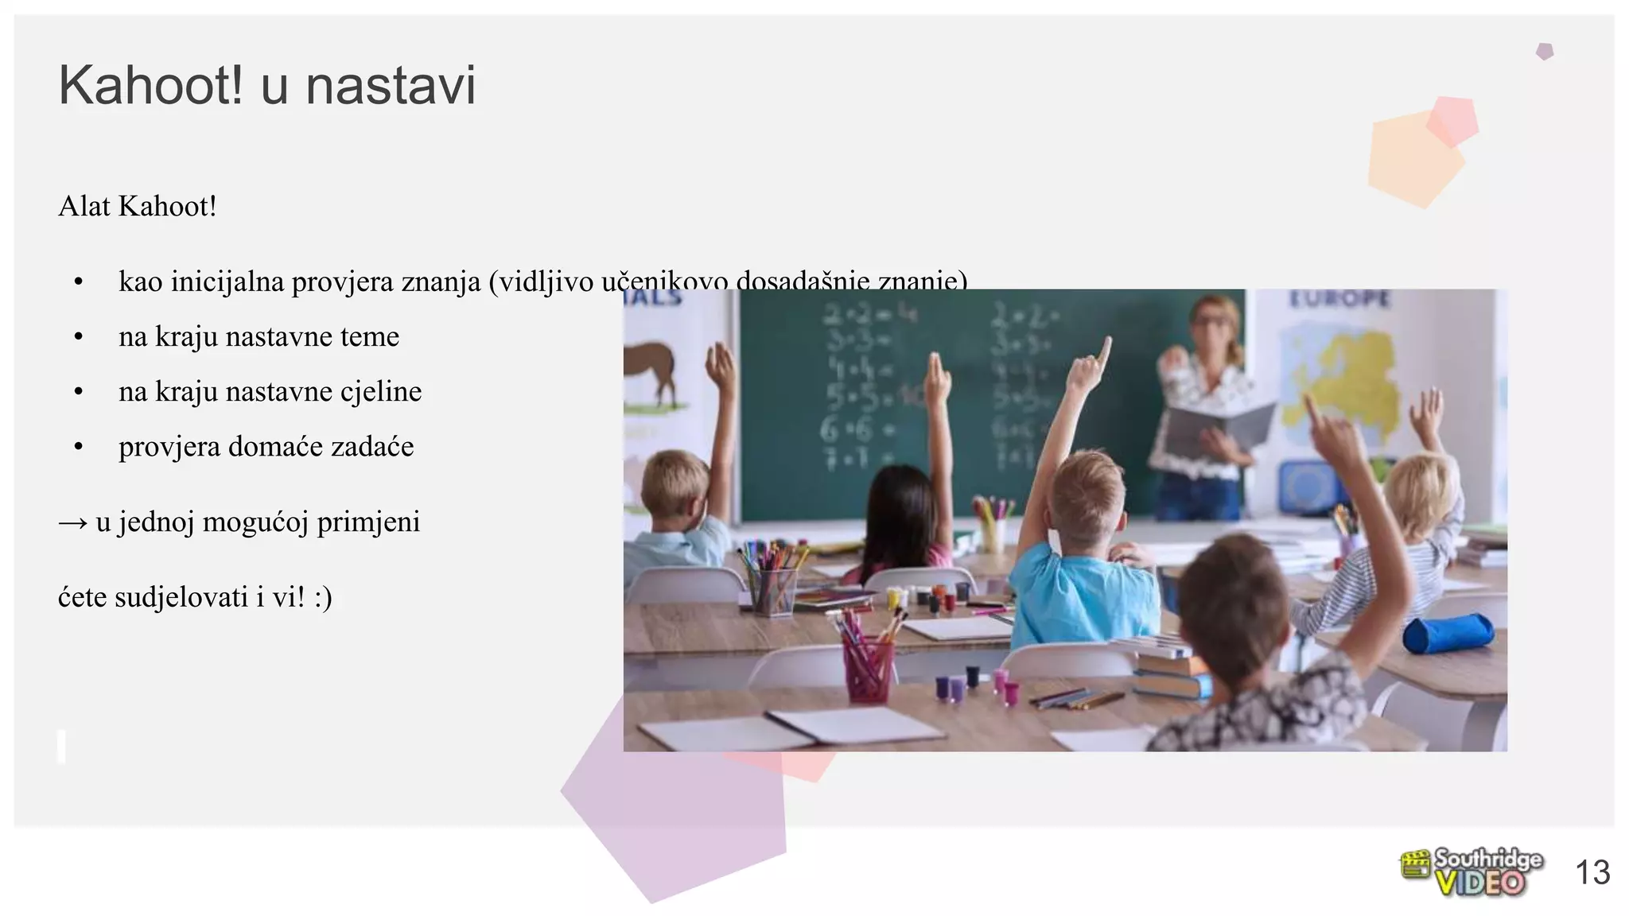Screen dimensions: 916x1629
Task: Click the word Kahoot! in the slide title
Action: pos(150,85)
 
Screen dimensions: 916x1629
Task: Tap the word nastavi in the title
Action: pos(391,85)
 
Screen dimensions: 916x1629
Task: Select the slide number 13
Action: pos(1592,873)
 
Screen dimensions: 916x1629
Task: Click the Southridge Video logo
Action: pos(1472,872)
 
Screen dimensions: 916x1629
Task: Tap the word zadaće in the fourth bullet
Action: pos(372,446)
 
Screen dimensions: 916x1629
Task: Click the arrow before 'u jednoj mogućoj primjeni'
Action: pos(73,523)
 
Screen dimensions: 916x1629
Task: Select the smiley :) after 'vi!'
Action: pos(322,597)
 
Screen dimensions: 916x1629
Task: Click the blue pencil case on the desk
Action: pos(1448,632)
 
